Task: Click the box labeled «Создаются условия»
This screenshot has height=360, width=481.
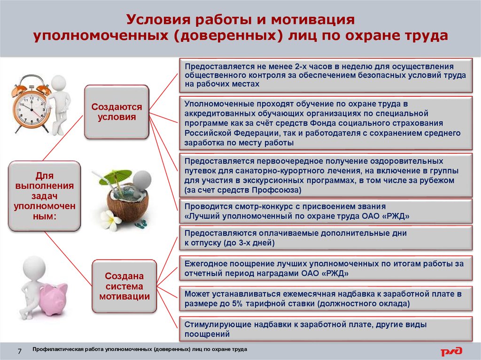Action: tap(116, 112)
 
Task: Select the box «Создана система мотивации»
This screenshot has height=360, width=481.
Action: tap(124, 286)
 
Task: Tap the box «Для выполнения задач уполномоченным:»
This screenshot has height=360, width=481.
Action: tap(45, 196)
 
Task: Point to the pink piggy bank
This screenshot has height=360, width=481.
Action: tap(54, 299)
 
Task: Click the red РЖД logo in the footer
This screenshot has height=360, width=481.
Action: tap(451, 351)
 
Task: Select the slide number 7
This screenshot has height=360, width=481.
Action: tap(20, 351)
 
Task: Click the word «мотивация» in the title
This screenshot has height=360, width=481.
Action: tap(312, 20)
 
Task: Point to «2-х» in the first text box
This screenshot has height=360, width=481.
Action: tap(302, 67)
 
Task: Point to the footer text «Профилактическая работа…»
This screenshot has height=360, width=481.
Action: tap(140, 349)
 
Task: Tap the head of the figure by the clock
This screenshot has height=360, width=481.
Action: tap(58, 83)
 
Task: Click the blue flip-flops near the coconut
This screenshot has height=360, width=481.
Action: tap(141, 224)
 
